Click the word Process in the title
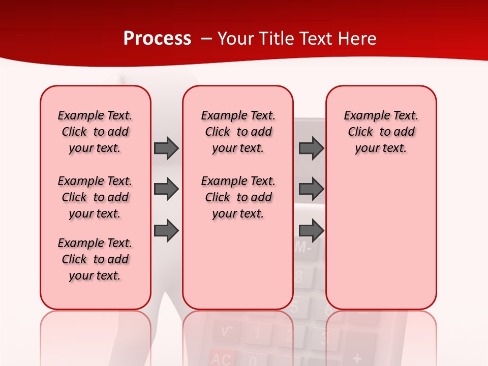point(157,39)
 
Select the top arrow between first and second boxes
point(166,148)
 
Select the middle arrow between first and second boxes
point(166,190)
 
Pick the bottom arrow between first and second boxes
point(166,231)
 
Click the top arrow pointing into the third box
point(311,148)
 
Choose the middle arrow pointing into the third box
point(311,190)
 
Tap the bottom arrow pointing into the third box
point(311,231)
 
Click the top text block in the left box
point(95,132)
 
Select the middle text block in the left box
point(95,197)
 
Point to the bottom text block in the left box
point(95,259)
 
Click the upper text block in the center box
point(238,132)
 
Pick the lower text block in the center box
point(238,197)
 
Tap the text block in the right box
point(381,132)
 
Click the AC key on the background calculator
point(222,358)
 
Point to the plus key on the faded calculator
point(357,358)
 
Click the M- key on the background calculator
point(303,249)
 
